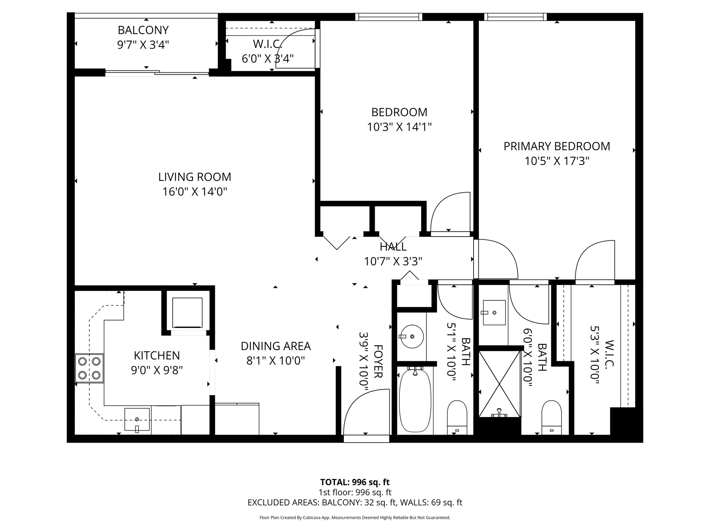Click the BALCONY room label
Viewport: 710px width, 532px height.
tap(143, 30)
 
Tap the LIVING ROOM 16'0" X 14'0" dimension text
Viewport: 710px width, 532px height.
tap(194, 192)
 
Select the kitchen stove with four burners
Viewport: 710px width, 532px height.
tap(89, 368)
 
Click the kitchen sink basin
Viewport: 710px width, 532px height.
tap(137, 419)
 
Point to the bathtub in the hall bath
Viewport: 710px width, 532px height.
tap(415, 401)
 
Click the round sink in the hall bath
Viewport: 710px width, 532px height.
tap(412, 336)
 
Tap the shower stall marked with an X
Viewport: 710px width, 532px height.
tap(499, 384)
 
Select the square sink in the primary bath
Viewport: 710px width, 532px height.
tap(494, 312)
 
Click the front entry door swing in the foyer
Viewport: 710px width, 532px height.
tap(366, 412)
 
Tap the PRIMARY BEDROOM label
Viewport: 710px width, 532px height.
tap(556, 146)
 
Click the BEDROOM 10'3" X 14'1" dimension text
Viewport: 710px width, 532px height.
tap(399, 127)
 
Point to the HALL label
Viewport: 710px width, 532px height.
tap(393, 247)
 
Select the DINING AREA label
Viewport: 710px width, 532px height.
tap(276, 346)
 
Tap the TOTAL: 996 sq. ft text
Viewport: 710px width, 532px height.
tap(355, 482)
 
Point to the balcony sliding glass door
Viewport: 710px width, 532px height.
tap(157, 72)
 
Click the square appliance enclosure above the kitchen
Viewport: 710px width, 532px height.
tap(187, 312)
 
